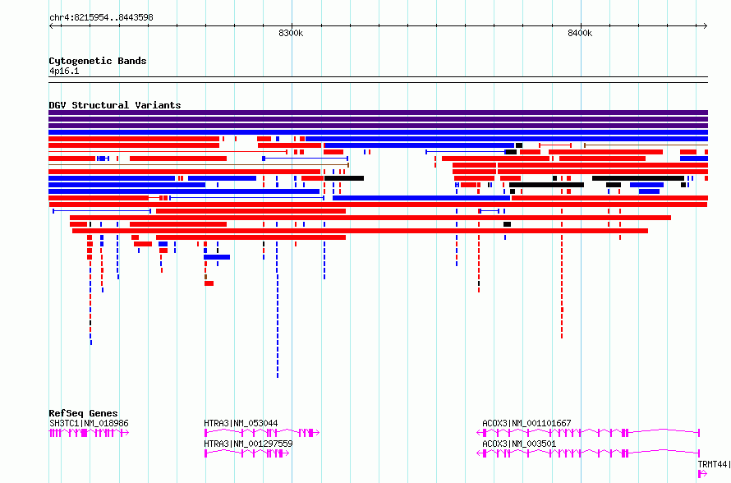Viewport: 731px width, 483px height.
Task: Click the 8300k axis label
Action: [291, 33]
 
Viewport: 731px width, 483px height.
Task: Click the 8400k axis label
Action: [580, 33]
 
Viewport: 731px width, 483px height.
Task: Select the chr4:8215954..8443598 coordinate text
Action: [101, 18]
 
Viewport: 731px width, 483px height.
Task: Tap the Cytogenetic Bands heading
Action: [98, 61]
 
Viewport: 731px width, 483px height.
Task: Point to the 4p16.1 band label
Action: [64, 71]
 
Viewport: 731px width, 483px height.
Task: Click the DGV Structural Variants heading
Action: [115, 105]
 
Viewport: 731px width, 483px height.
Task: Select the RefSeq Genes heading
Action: [83, 413]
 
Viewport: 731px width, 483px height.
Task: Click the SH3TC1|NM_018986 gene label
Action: [89, 423]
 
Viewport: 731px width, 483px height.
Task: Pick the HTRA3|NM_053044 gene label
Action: [241, 423]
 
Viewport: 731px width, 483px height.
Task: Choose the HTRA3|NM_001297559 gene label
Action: [248, 444]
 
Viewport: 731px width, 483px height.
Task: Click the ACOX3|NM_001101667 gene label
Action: [526, 423]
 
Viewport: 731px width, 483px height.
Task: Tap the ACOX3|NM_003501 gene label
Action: [519, 444]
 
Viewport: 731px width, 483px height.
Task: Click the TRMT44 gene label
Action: [713, 464]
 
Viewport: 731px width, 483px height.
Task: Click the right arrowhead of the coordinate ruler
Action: [706, 26]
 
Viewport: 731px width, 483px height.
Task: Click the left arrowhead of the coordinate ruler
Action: [51, 26]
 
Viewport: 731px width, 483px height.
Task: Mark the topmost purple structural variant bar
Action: [378, 113]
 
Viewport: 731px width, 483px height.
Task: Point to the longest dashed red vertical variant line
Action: [562, 274]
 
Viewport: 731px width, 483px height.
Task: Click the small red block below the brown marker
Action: [209, 283]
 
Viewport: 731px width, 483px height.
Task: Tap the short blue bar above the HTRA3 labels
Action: [217, 257]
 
